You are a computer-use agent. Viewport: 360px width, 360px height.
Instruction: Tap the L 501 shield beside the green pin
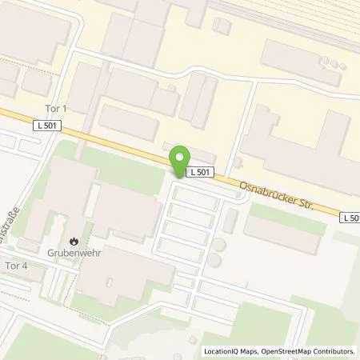pyautogui.click(x=199, y=172)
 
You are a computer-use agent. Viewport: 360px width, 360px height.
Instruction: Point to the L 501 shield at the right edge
pyautogui.click(x=350, y=218)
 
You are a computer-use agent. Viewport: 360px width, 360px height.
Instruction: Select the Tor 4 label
pyautogui.click(x=16, y=265)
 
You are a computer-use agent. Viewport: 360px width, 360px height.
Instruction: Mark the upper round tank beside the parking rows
pyautogui.click(x=218, y=245)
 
